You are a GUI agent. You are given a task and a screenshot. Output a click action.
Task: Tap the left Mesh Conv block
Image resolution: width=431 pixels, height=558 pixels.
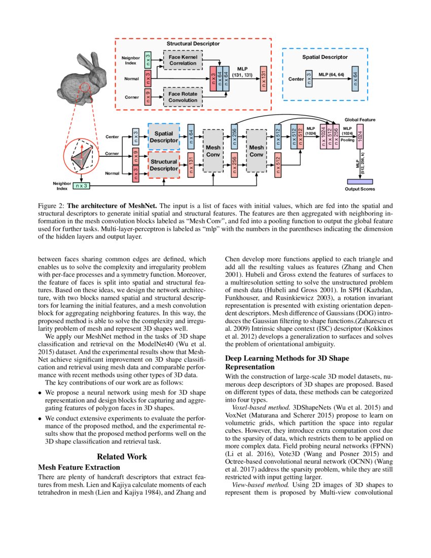tap(213, 150)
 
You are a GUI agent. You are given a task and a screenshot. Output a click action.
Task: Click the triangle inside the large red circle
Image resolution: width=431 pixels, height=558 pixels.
tap(82, 156)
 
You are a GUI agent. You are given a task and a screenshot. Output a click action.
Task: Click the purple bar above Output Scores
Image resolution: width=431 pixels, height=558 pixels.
tap(360, 182)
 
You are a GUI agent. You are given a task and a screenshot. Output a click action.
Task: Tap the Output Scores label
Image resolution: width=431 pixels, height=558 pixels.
tap(360, 189)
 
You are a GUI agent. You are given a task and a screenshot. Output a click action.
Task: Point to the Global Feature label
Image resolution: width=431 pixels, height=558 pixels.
tap(360, 120)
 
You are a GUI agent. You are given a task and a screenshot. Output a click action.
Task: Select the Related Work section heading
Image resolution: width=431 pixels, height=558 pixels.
tap(122, 457)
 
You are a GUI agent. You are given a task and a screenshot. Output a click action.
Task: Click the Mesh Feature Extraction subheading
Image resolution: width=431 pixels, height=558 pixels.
tap(79, 467)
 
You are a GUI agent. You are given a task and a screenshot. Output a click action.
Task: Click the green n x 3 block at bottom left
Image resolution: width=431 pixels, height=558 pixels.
tap(81, 186)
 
